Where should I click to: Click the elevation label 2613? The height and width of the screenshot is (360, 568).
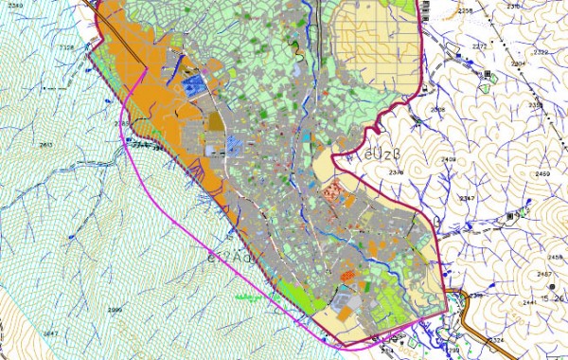46,144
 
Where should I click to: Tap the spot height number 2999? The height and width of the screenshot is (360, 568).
115,310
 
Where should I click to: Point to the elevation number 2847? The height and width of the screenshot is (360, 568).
50,333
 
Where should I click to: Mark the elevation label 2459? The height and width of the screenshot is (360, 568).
542,174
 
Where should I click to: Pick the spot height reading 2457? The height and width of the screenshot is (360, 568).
544,274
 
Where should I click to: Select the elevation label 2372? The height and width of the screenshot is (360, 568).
479,45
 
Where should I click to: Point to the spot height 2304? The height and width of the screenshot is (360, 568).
518,63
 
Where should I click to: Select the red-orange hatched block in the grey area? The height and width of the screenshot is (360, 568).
331,191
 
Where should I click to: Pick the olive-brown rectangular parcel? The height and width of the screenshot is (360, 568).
216,122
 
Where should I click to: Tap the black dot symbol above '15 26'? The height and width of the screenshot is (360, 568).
552,286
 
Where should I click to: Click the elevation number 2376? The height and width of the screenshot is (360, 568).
396,173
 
